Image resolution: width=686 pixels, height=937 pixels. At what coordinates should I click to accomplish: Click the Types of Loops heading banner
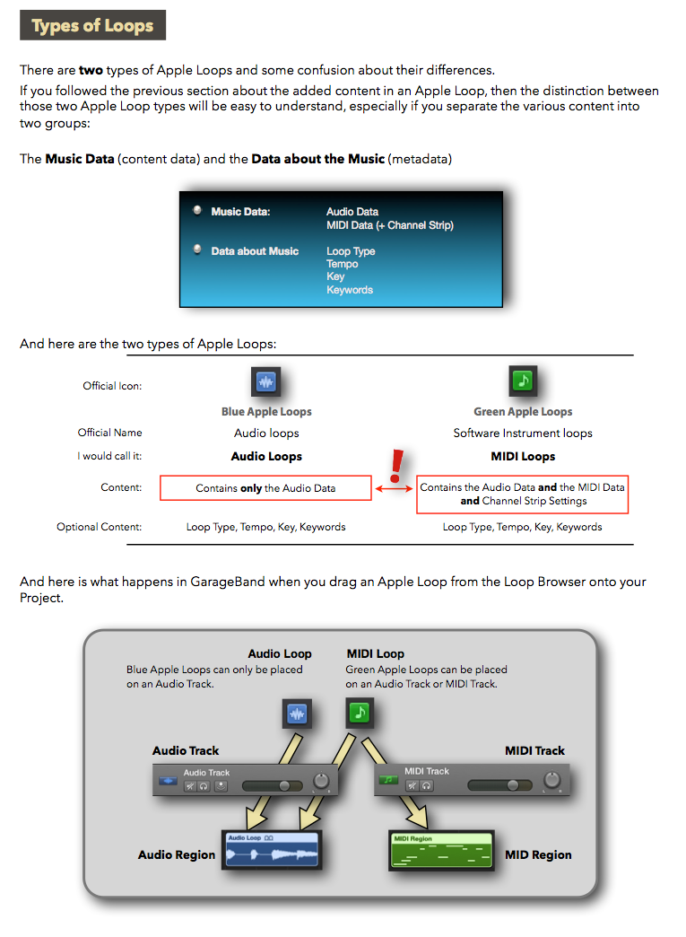pos(92,25)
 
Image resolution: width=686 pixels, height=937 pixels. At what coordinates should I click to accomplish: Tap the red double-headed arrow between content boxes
pos(394,488)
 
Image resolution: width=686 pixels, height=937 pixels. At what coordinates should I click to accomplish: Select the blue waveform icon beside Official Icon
pos(265,381)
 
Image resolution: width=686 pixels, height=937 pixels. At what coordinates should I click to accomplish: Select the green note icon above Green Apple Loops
pos(523,381)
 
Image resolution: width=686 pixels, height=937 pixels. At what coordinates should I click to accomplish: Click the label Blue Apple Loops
pos(266,412)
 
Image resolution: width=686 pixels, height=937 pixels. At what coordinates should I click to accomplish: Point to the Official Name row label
pos(109,433)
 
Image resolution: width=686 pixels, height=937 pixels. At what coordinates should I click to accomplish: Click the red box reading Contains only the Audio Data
pos(265,488)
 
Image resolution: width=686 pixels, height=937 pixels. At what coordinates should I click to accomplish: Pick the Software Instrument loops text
pos(523,433)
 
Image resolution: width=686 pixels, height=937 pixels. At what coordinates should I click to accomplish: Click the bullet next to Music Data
pos(197,211)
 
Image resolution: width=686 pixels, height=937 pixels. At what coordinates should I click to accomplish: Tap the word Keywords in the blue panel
pos(350,290)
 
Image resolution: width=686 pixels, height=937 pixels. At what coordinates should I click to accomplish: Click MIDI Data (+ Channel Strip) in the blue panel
pos(390,225)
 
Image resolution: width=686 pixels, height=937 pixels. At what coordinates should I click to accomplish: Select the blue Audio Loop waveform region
pos(273,850)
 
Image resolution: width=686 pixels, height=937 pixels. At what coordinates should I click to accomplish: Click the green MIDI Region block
pos(441,850)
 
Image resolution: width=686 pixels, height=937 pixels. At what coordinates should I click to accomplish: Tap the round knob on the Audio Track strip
pos(320,782)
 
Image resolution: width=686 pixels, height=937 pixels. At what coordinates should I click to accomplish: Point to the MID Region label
pos(538,854)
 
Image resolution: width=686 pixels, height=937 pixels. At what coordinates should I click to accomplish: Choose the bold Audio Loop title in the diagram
pos(280,653)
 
